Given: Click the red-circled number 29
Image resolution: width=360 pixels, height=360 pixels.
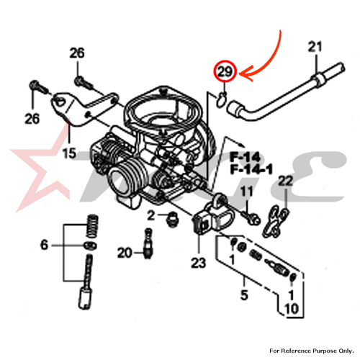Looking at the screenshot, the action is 225,71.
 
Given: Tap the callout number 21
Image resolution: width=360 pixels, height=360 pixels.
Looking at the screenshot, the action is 315,47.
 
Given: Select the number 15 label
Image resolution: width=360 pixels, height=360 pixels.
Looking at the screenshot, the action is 69,153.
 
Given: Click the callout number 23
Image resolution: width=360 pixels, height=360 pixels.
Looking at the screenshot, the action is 199,263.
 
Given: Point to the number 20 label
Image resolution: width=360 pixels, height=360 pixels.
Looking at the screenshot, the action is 125,253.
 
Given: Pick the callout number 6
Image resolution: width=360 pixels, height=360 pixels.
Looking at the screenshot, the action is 45,245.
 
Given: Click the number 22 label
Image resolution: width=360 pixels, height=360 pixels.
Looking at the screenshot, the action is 286,181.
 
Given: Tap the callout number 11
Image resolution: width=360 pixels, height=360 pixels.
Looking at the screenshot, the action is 247,192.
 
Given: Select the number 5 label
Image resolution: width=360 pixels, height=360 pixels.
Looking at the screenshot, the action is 244,295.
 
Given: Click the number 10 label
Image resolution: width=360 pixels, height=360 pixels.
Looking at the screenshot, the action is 292,309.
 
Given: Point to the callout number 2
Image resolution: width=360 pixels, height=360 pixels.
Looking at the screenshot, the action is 150,215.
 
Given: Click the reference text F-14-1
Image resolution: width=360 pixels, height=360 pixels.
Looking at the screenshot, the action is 251,170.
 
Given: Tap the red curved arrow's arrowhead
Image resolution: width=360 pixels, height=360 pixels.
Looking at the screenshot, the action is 246,74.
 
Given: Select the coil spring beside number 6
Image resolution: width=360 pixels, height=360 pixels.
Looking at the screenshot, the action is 92,226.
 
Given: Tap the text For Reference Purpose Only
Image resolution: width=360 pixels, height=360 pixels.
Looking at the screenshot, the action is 312,351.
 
